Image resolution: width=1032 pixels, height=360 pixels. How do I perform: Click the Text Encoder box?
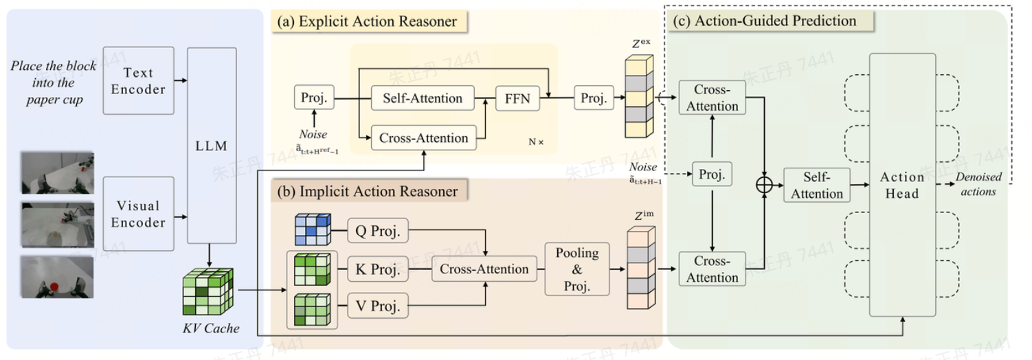(139, 81)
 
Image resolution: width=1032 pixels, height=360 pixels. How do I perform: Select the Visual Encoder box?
(139, 214)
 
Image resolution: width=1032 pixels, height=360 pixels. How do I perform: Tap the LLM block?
(212, 146)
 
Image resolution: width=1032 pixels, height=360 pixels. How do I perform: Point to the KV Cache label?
(209, 328)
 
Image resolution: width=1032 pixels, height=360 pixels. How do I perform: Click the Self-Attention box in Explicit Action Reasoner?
(422, 99)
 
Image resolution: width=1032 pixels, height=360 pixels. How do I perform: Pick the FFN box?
(517, 99)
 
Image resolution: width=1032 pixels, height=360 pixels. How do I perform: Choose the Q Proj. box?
(377, 231)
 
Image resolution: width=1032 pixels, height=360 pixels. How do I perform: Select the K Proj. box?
(377, 269)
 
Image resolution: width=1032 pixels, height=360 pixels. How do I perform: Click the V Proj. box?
(377, 307)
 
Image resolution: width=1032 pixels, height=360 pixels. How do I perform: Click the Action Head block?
(902, 185)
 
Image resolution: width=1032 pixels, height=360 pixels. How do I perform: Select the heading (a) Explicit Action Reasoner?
(366, 21)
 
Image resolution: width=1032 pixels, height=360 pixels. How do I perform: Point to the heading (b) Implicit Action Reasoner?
(367, 191)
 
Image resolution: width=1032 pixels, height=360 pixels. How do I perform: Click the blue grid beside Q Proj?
(313, 229)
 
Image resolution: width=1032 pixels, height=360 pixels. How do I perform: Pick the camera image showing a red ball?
(57, 276)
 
